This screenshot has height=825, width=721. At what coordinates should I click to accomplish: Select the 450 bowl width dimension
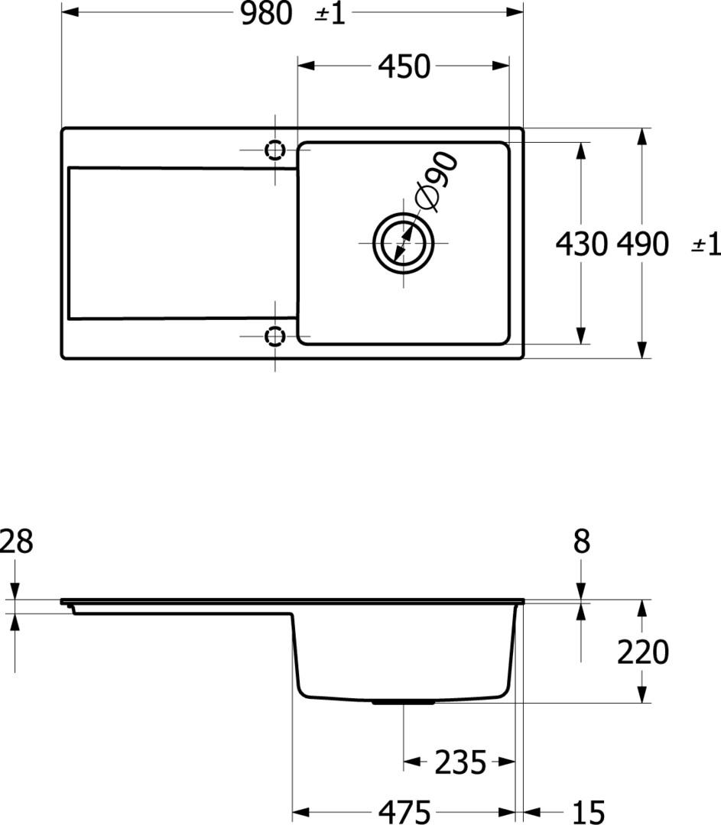404,66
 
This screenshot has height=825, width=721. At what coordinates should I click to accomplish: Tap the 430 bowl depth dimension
581,244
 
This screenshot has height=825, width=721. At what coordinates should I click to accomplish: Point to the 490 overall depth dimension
642,244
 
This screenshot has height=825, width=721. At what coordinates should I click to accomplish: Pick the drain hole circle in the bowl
404,214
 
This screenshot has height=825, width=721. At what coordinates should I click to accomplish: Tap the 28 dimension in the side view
16,542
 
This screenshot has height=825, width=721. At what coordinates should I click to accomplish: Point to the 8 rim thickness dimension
581,542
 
